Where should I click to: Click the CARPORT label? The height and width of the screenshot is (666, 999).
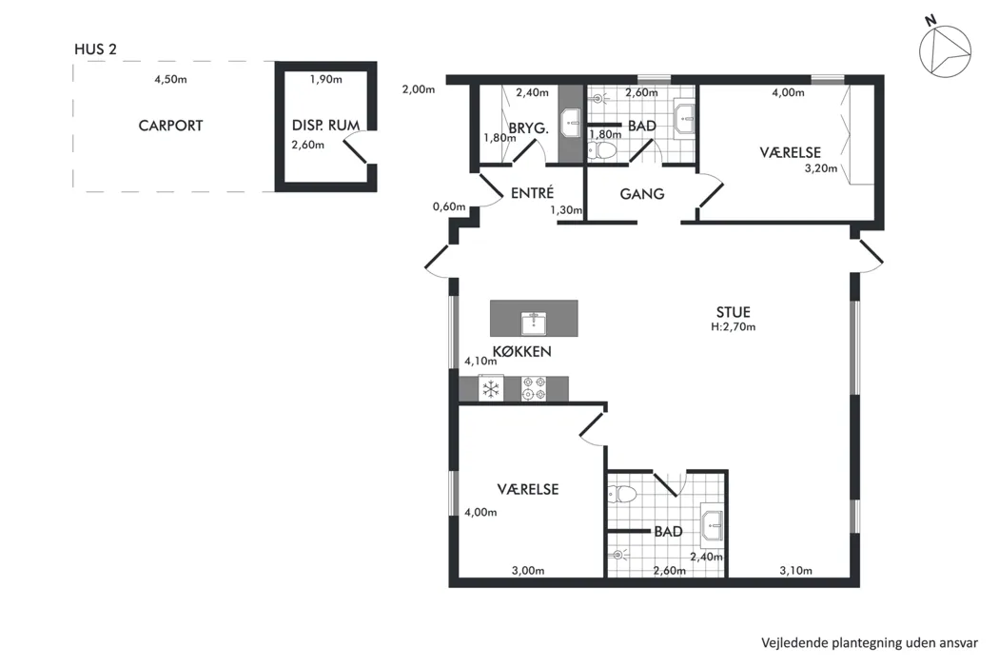170,126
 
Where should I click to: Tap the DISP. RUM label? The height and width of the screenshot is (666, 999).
325,126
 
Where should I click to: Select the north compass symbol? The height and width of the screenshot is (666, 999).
944,49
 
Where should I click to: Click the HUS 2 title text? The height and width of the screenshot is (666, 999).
95,49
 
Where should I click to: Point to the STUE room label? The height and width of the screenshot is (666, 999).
734,312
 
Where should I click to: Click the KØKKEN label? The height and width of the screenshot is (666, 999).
521,351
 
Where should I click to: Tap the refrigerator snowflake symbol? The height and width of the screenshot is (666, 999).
491,389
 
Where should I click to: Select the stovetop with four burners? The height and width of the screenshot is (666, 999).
534,389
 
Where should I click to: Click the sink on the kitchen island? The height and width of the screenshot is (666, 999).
533,323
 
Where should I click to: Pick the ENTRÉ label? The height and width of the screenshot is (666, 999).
532,192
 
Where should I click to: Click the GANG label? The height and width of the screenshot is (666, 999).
641,194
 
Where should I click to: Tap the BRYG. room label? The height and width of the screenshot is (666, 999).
529,128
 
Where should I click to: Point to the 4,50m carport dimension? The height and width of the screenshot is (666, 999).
170,80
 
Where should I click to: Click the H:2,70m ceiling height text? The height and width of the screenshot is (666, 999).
734,327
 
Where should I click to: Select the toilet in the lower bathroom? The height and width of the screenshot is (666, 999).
622,495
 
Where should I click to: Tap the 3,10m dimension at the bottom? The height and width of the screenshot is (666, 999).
795,571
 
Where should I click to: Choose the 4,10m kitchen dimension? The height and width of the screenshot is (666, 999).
480,361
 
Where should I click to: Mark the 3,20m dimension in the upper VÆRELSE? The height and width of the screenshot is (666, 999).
820,169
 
